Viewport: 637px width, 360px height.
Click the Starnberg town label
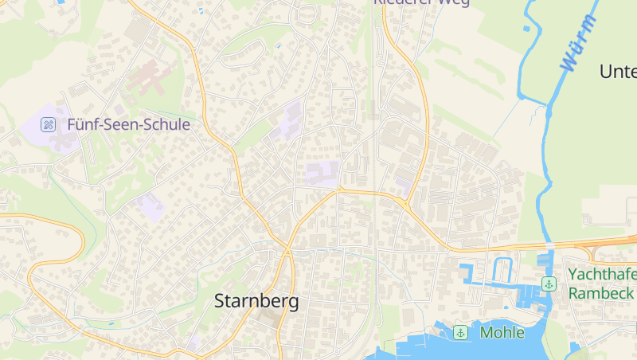pos(257,302)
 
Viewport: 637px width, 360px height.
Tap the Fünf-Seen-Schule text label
pos(128,124)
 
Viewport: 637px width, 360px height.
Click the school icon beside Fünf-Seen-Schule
pos(49,124)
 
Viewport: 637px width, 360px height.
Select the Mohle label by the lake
pos(502,332)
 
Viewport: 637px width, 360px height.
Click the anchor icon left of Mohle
pos(459,332)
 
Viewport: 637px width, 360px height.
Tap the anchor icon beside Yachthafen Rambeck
pos(549,284)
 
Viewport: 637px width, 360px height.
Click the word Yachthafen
pos(602,275)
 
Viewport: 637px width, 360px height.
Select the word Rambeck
pos(601,293)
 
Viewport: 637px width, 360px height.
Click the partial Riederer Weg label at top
pos(421,3)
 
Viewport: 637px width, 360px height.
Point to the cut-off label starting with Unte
pos(618,72)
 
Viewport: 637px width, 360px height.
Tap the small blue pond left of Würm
pos(526,29)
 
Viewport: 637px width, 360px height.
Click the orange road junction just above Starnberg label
pos(287,252)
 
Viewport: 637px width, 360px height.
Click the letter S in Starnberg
pos(221,302)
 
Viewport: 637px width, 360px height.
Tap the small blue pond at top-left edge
pos(61,2)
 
